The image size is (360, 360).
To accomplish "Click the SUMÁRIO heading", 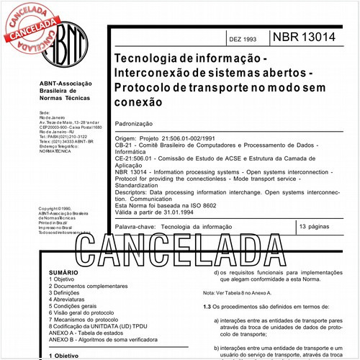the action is pos(63,274).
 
